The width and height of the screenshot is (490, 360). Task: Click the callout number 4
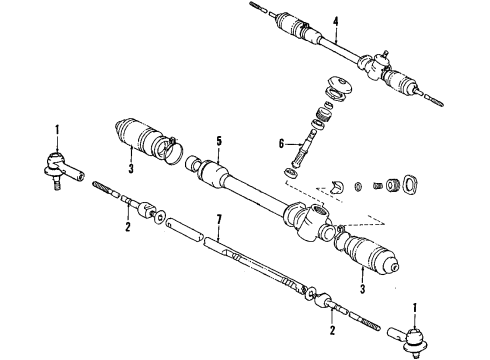tap(336, 22)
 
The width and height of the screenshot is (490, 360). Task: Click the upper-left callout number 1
tap(58, 129)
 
